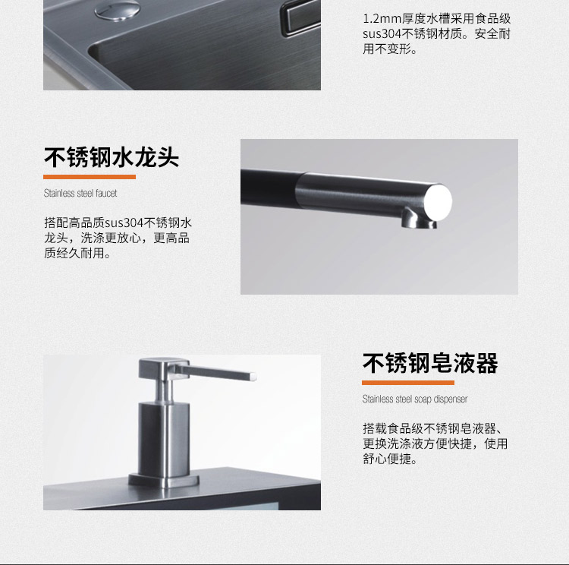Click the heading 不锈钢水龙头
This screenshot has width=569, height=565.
[112, 158]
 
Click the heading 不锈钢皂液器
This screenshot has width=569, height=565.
[430, 363]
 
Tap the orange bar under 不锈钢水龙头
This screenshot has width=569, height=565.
[90, 177]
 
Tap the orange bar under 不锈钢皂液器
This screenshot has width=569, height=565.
[407, 382]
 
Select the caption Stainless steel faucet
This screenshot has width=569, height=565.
[80, 194]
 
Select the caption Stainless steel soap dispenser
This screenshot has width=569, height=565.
[415, 399]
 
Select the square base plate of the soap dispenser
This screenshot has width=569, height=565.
[163, 479]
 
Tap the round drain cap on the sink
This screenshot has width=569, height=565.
[118, 8]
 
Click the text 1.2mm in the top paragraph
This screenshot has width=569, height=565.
[379, 17]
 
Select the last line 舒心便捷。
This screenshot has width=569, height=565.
[390, 459]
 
